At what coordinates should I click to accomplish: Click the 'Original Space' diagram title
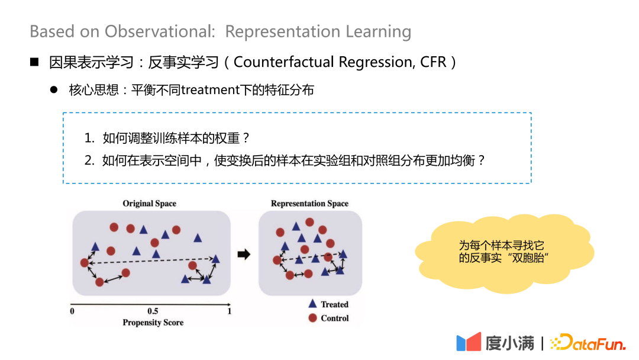tap(149, 203)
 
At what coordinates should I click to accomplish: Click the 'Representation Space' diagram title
tap(309, 203)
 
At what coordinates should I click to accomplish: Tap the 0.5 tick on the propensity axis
tap(153, 311)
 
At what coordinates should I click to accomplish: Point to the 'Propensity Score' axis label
tap(153, 323)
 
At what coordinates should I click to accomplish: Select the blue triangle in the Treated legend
tap(312, 303)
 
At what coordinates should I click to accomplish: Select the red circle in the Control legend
tap(312, 318)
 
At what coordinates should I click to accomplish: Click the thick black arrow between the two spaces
tap(243, 255)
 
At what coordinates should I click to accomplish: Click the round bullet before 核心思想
tap(54, 90)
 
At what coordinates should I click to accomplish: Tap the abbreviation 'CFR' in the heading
tap(433, 62)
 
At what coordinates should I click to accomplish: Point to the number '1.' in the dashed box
tap(89, 139)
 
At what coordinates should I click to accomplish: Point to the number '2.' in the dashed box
tap(89, 160)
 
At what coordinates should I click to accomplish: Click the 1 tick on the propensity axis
tap(230, 311)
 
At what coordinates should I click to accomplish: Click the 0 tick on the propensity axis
tap(72, 311)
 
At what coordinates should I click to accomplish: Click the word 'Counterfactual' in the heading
tap(288, 62)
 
